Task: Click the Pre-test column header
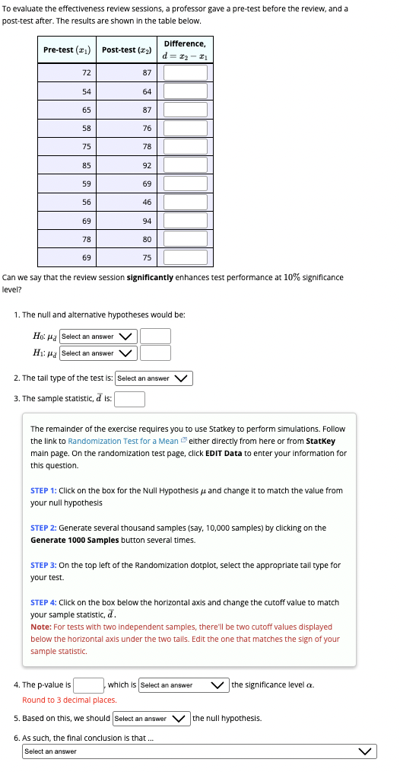[x=68, y=49]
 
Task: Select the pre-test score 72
[x=86, y=72]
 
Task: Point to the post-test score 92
[x=147, y=165]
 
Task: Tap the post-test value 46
[x=147, y=203]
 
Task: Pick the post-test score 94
[x=147, y=221]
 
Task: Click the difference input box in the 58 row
[x=185, y=128]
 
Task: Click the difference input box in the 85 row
[x=185, y=165]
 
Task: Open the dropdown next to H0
[x=98, y=337]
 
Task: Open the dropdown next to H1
[x=98, y=353]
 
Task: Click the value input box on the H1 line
[x=155, y=353]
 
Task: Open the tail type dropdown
[x=154, y=378]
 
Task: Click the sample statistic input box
[x=130, y=398]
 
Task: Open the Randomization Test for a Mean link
[x=123, y=441]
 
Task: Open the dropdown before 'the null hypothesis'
[x=151, y=718]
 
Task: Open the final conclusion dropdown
[x=199, y=751]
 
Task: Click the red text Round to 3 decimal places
[x=69, y=700]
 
